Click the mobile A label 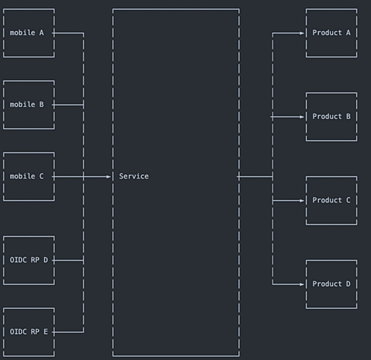coord(27,33)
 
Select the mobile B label coord(27,104)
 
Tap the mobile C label coord(27,177)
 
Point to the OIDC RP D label coord(29,260)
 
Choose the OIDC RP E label coord(29,332)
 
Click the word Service coord(134,177)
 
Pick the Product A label coord(332,33)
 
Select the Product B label coord(332,116)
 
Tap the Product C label coord(332,200)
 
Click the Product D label coord(332,284)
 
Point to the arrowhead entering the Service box coord(108,177)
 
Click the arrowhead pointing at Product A coord(301,33)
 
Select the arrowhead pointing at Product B coord(301,117)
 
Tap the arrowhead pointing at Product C coord(301,201)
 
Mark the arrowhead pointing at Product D coord(301,284)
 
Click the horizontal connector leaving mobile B coord(68,105)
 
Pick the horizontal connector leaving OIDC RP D coord(68,261)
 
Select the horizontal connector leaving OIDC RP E coord(68,332)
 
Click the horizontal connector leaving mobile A coord(68,33)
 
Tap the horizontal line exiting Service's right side coord(255,177)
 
